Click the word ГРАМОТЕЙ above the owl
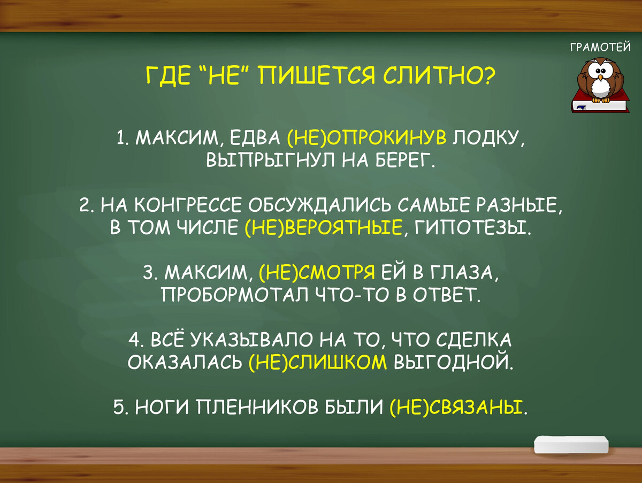(601, 48)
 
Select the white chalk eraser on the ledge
(571, 443)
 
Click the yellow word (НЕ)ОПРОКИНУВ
(367, 139)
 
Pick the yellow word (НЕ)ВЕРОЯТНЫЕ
(323, 228)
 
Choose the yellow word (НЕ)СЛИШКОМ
(318, 363)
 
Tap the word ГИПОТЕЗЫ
(472, 228)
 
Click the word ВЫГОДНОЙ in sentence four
(453, 363)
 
